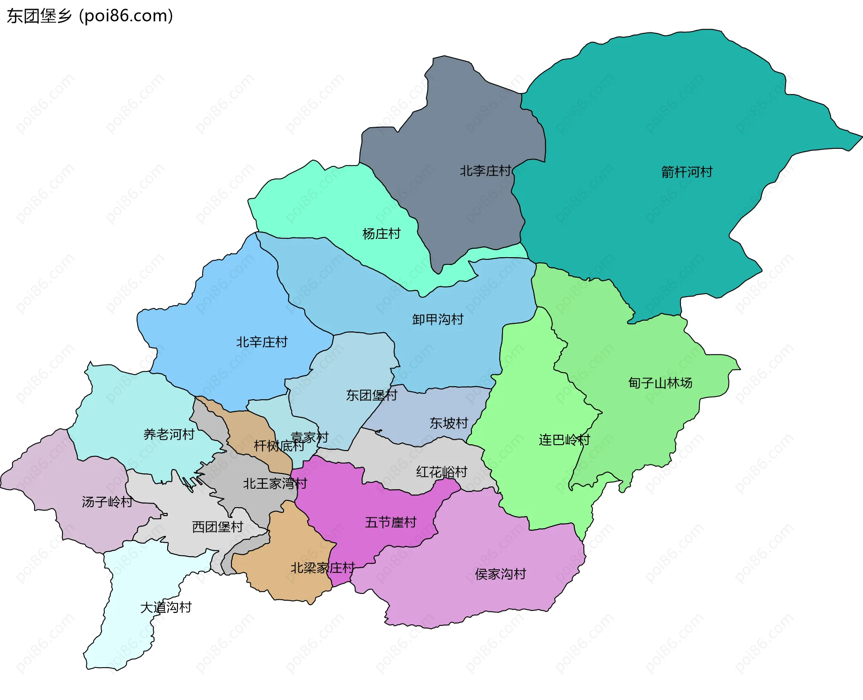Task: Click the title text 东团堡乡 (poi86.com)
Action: (x=90, y=16)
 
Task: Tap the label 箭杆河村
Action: (x=687, y=172)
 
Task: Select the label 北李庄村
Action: (x=485, y=171)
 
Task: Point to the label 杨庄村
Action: (x=381, y=234)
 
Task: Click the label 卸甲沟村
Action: (x=438, y=320)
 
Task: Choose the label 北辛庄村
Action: (x=262, y=342)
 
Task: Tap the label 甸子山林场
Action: (x=660, y=383)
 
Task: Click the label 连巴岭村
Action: (x=565, y=440)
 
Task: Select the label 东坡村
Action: (x=449, y=423)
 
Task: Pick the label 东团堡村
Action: (x=372, y=395)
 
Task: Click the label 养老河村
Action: (x=169, y=434)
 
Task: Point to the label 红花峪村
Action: (x=441, y=472)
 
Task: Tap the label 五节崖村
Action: (x=391, y=522)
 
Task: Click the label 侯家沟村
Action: (x=500, y=574)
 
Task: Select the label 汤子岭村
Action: (x=107, y=502)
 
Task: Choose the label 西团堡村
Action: (x=218, y=527)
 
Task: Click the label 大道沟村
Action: (x=166, y=607)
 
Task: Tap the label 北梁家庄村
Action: (x=323, y=568)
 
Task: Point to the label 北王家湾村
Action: (x=275, y=484)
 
